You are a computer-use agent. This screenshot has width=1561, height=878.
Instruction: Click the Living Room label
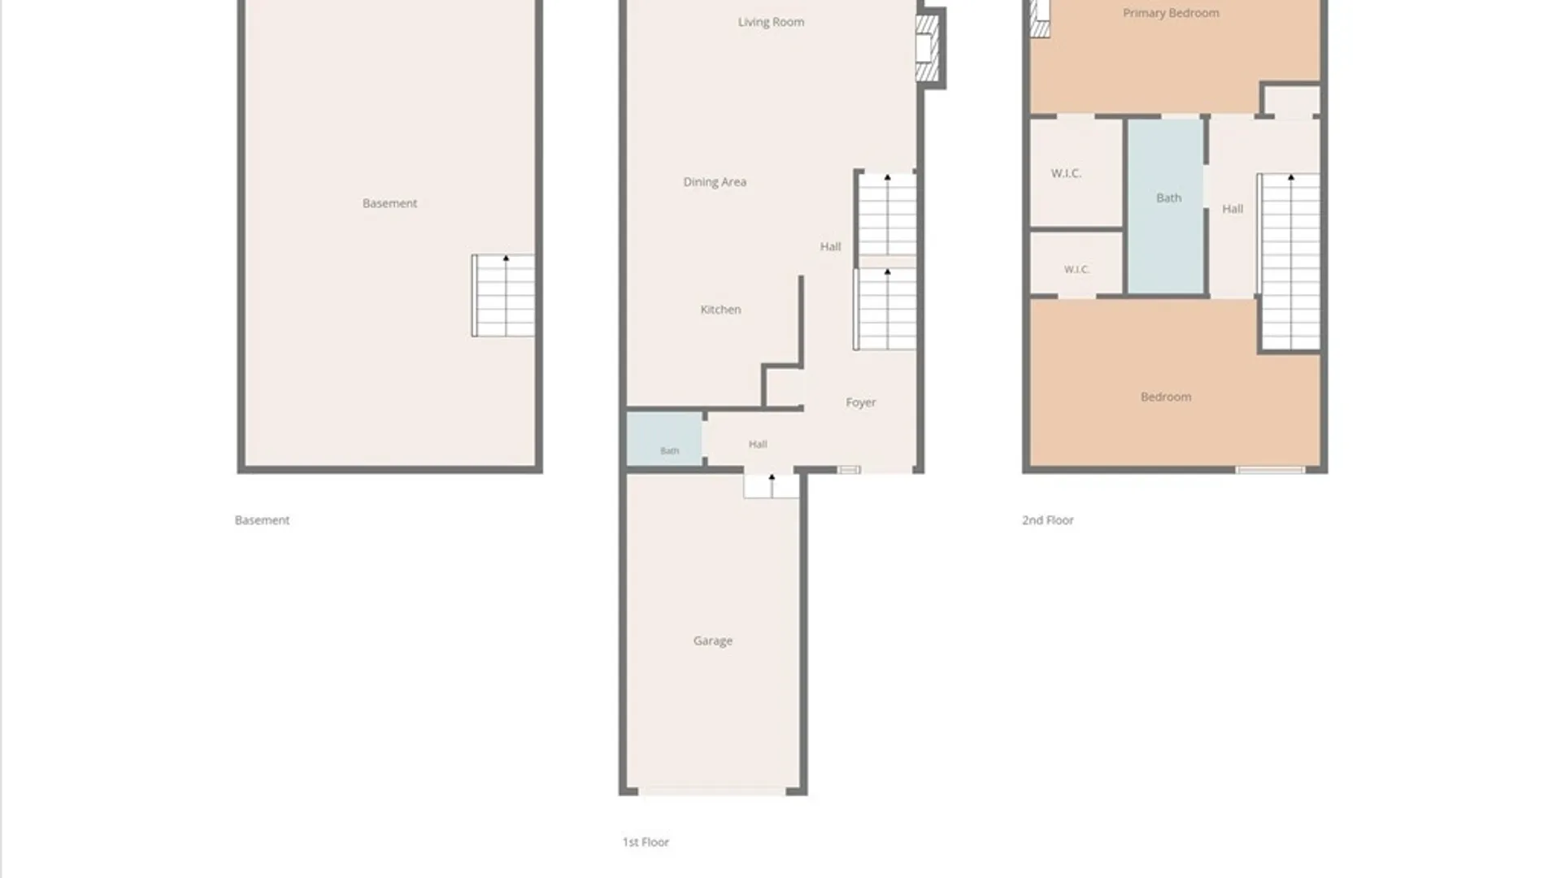pyautogui.click(x=771, y=22)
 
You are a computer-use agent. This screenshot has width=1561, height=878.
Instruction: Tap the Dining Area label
pyautogui.click(x=715, y=182)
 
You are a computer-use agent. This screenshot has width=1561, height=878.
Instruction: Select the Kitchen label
pyautogui.click(x=720, y=310)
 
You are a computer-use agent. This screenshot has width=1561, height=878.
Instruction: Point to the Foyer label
pyautogui.click(x=860, y=402)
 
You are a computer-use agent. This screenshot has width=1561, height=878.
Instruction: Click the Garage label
pyautogui.click(x=713, y=641)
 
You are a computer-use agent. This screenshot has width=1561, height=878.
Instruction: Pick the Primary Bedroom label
pyautogui.click(x=1171, y=13)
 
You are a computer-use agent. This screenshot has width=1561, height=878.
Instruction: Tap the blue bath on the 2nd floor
pyautogui.click(x=1165, y=206)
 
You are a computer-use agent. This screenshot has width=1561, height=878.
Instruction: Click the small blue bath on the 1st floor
pyautogui.click(x=664, y=439)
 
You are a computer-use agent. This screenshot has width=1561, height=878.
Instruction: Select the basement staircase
pyautogui.click(x=503, y=295)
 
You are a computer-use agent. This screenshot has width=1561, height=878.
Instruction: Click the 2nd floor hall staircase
pyautogui.click(x=1289, y=262)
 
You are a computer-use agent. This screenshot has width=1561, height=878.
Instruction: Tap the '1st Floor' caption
pyautogui.click(x=646, y=842)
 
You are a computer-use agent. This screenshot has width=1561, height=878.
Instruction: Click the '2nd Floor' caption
pyautogui.click(x=1048, y=520)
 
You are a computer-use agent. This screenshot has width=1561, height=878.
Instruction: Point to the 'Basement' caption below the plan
pyautogui.click(x=262, y=520)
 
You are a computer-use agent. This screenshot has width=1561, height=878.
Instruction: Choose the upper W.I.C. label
pyautogui.click(x=1066, y=173)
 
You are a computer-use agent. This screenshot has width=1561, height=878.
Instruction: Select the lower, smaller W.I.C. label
pyautogui.click(x=1076, y=269)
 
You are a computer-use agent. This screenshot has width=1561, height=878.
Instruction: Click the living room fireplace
pyautogui.click(x=928, y=48)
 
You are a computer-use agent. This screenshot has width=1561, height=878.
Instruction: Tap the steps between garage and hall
pyautogui.click(x=772, y=485)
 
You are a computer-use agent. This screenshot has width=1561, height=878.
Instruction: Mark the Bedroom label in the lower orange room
pyautogui.click(x=1166, y=397)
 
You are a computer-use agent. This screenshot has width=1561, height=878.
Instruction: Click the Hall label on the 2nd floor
pyautogui.click(x=1233, y=209)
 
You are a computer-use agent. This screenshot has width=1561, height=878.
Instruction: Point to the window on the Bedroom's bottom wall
pyautogui.click(x=1270, y=470)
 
